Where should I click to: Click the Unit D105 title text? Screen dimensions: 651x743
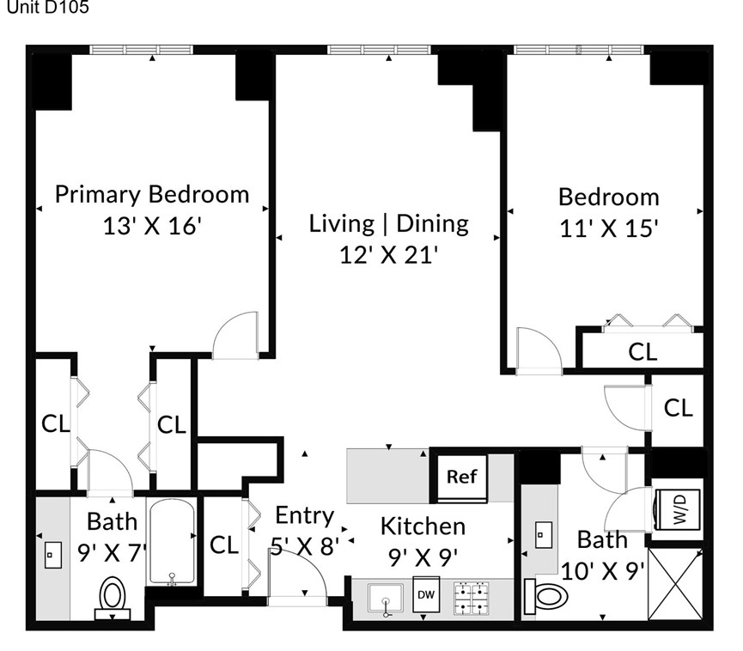click(x=46, y=9)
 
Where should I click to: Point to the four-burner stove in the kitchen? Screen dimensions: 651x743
click(x=471, y=599)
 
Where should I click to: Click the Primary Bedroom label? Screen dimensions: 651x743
click(x=152, y=194)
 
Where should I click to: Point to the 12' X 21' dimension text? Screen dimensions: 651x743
click(x=389, y=255)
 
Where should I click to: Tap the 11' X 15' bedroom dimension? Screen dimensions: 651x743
click(x=609, y=228)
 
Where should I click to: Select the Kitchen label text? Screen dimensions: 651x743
click(x=423, y=526)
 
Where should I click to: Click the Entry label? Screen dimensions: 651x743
click(x=304, y=515)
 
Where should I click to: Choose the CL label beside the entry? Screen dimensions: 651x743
click(x=223, y=545)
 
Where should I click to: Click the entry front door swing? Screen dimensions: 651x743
click(x=301, y=571)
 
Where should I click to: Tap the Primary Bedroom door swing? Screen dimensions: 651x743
click(x=234, y=335)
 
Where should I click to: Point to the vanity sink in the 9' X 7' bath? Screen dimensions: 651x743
click(x=51, y=555)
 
